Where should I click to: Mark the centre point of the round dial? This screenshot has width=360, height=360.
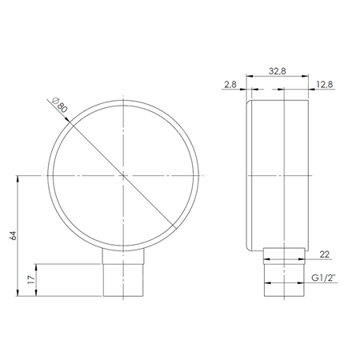coord(124,175)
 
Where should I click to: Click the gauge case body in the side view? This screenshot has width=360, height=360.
coord(280,174)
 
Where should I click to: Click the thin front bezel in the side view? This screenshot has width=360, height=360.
coord(249,174)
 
